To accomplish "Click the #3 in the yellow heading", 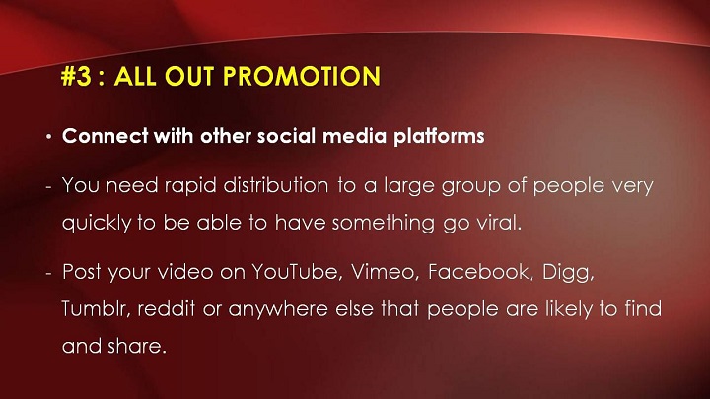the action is click(x=76, y=76).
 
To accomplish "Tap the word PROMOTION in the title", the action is click(x=302, y=76).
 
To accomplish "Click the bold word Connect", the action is click(x=106, y=136).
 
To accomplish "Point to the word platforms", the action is click(x=439, y=136).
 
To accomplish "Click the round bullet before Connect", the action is click(x=49, y=137).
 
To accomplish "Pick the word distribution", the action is click(x=276, y=185).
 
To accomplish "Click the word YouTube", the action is click(x=295, y=272).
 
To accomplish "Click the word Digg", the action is click(x=568, y=273).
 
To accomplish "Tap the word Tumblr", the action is click(x=96, y=309).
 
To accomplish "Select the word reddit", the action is click(x=167, y=309).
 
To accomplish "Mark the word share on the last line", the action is click(x=137, y=346).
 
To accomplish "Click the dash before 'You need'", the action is click(x=49, y=187).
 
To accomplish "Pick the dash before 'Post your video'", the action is click(x=49, y=274).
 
